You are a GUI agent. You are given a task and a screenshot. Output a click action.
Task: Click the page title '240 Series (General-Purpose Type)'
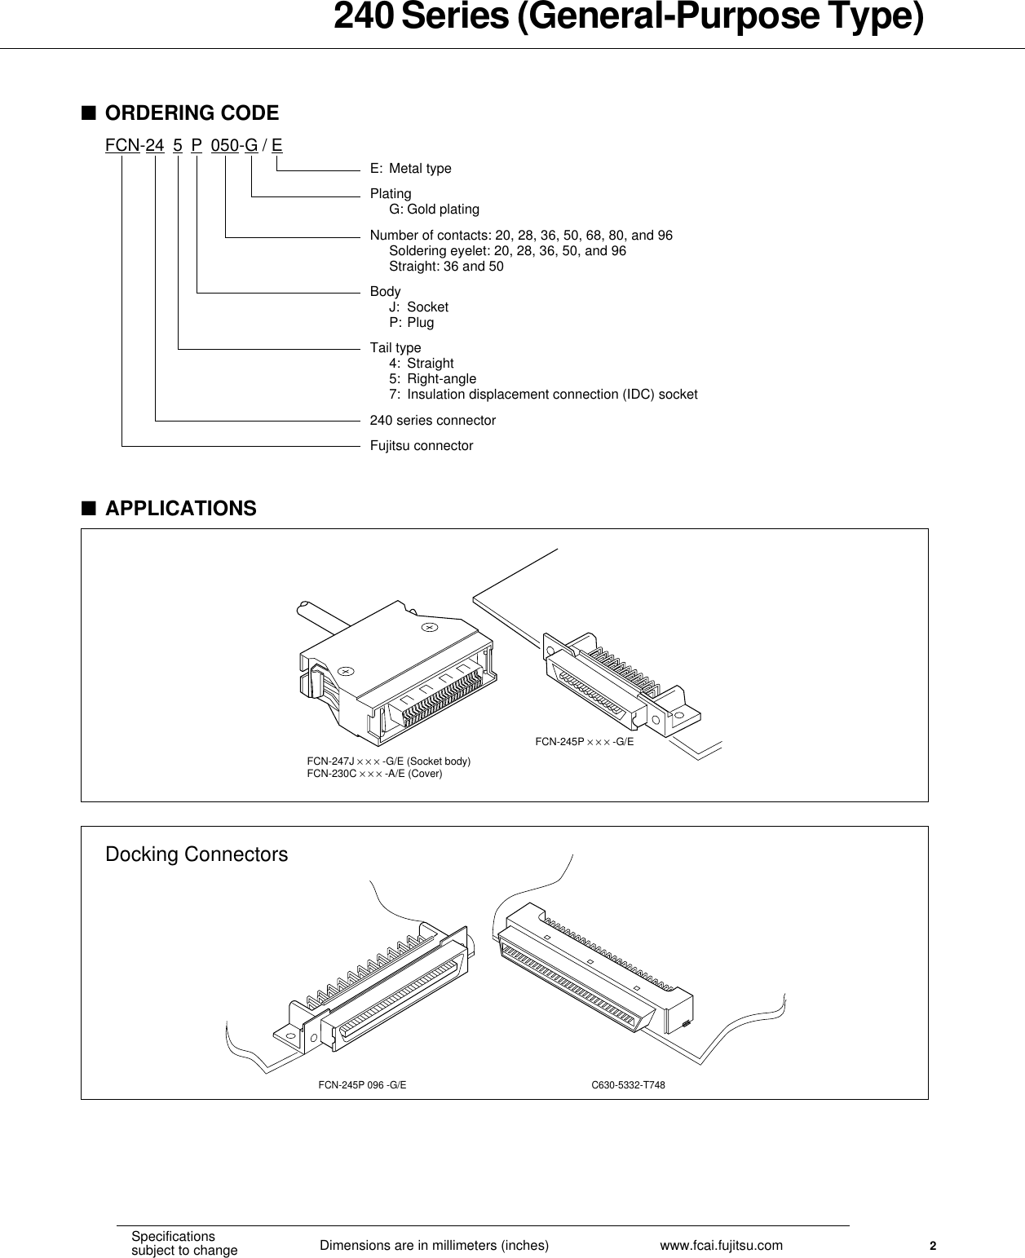coord(628,20)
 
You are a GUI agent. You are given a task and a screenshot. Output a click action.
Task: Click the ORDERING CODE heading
coord(192,113)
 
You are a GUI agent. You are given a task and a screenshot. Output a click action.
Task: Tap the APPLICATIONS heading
coord(180,509)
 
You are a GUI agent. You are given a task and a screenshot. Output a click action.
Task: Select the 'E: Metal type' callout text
coord(410,169)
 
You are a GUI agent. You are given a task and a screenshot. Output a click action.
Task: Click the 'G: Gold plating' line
coord(434,210)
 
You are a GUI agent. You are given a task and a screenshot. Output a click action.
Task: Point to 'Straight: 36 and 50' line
coord(446,267)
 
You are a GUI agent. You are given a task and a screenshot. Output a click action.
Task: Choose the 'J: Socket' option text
coord(418,307)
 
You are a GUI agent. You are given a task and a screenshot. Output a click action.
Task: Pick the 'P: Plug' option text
coord(411,323)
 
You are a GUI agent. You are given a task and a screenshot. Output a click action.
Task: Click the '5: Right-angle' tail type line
coord(432,379)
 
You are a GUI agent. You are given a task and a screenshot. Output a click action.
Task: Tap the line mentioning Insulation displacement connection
coord(543,395)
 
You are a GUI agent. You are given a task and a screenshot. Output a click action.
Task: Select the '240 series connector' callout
coord(432,421)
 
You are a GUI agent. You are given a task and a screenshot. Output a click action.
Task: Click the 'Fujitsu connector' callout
coord(421,446)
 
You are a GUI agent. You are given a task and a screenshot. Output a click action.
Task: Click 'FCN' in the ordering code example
coord(122,146)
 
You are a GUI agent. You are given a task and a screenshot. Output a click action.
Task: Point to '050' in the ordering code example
coord(224,146)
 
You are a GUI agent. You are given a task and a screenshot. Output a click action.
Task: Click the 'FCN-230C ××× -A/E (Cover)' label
coord(374,774)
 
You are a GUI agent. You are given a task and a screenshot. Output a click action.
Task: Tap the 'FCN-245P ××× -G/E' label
coord(584,742)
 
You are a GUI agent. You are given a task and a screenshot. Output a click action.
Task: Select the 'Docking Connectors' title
coord(197,854)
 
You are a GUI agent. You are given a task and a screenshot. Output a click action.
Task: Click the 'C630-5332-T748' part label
coord(628,1085)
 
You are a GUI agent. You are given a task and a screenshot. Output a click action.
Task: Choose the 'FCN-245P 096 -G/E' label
coord(362,1085)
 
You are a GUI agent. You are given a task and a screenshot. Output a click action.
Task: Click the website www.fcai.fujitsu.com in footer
coord(721,1245)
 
